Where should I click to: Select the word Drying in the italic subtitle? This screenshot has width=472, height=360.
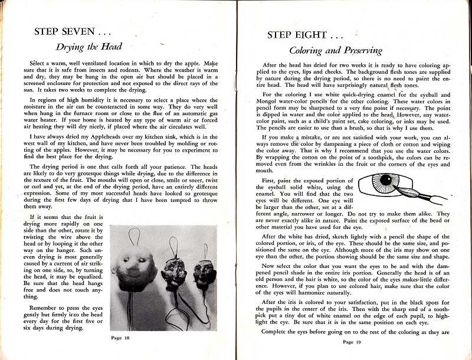(70, 47)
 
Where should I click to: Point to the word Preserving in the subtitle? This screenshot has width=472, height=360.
(360, 51)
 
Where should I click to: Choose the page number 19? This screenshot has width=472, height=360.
(348, 341)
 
